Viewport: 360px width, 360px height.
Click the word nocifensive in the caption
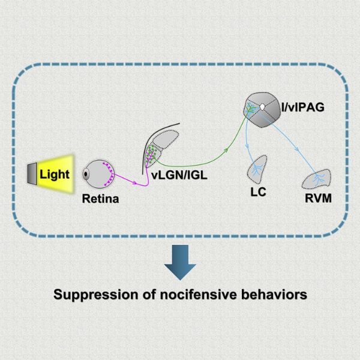186,295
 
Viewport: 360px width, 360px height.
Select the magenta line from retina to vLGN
129,178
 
